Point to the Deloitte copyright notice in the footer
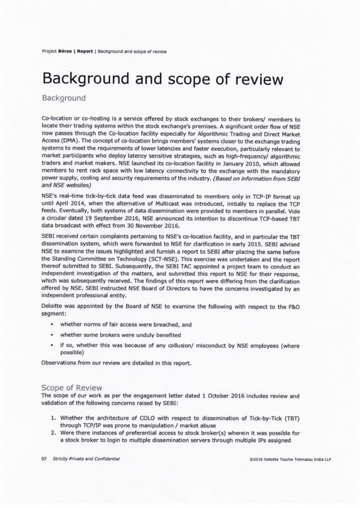point(289,459)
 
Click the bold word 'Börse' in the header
point(60,51)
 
